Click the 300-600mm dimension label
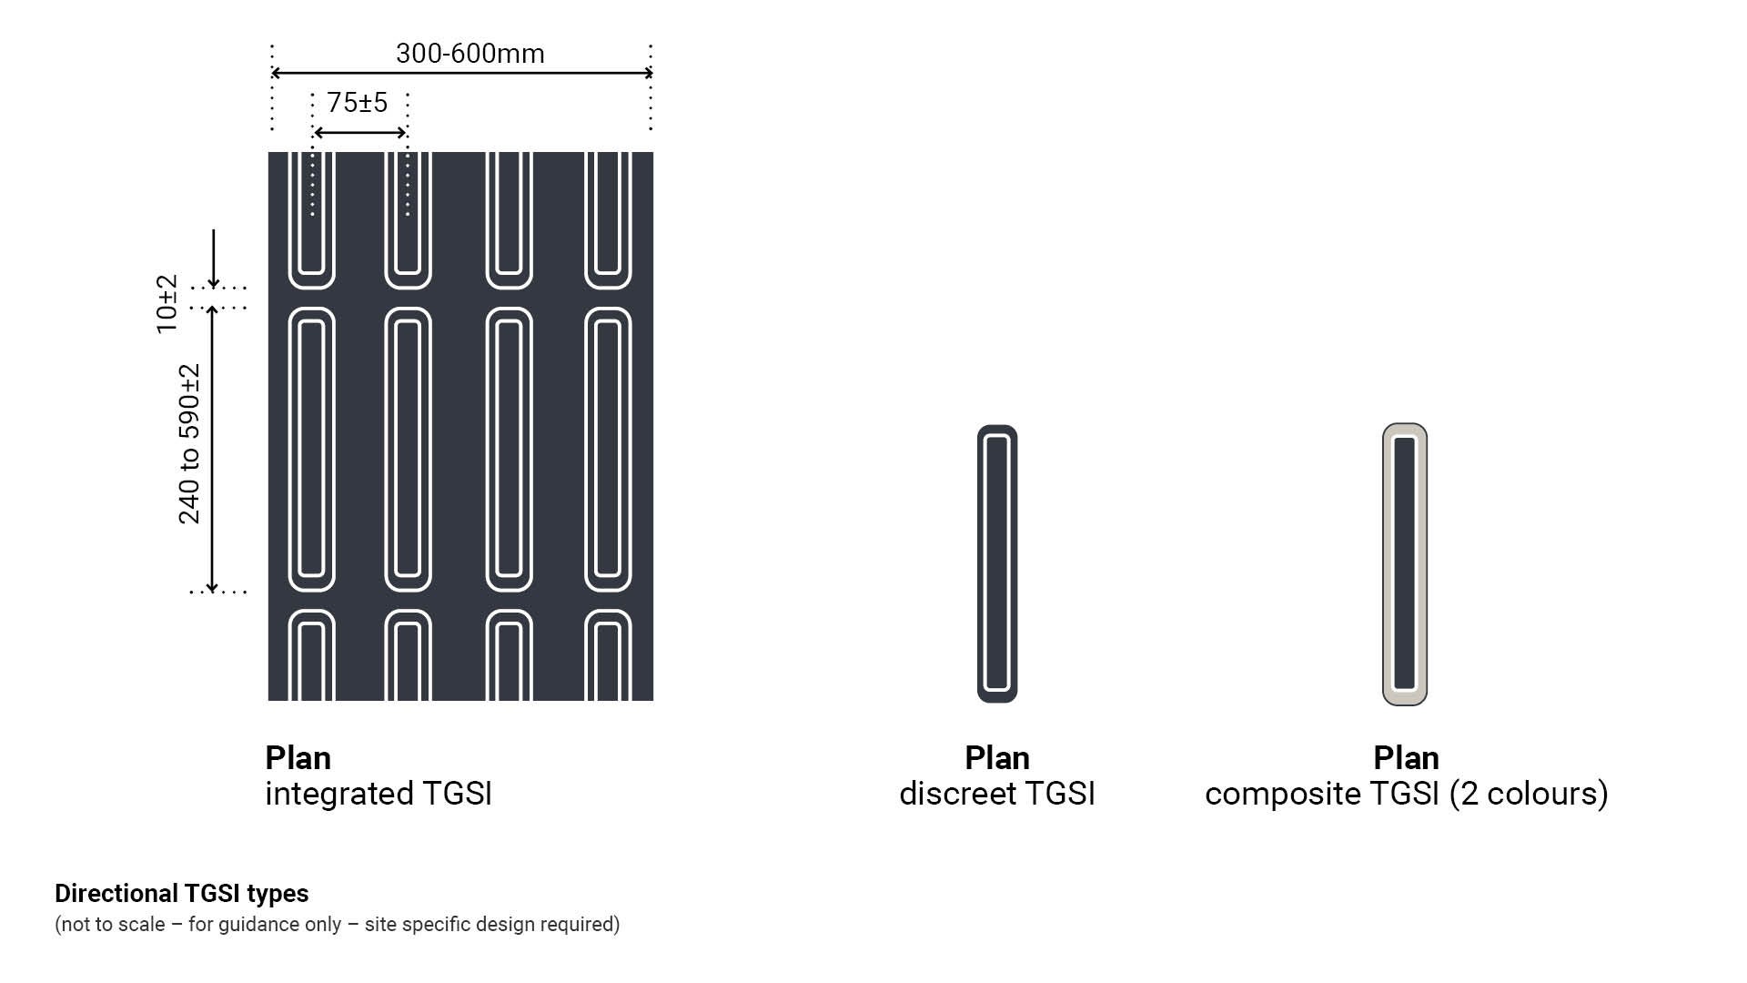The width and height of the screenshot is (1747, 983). click(470, 54)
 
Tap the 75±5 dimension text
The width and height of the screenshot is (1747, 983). click(358, 102)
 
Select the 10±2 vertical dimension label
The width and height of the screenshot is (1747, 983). click(167, 304)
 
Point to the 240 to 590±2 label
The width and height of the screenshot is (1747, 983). click(189, 444)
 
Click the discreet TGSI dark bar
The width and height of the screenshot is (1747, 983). click(997, 563)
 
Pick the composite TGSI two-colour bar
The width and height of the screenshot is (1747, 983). click(1405, 563)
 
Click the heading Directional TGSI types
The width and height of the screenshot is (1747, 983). click(182, 893)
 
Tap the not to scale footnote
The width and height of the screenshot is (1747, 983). click(338, 924)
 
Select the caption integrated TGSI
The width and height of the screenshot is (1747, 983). click(379, 794)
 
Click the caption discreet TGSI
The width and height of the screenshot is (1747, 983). click(997, 794)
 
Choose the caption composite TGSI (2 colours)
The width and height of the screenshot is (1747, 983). click(1407, 794)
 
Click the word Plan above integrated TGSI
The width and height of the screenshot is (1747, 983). click(298, 757)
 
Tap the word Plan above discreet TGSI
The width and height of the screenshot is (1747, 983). click(997, 757)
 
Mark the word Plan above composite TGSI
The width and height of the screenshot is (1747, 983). click(1407, 757)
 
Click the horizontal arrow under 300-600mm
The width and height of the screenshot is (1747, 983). click(462, 73)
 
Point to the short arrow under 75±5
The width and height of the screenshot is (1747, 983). click(359, 133)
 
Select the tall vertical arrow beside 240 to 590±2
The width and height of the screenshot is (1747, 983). click(212, 450)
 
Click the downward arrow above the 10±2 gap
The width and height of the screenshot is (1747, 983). click(214, 258)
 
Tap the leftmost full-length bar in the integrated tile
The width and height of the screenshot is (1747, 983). click(312, 450)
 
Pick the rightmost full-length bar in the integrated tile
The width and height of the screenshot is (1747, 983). click(608, 450)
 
